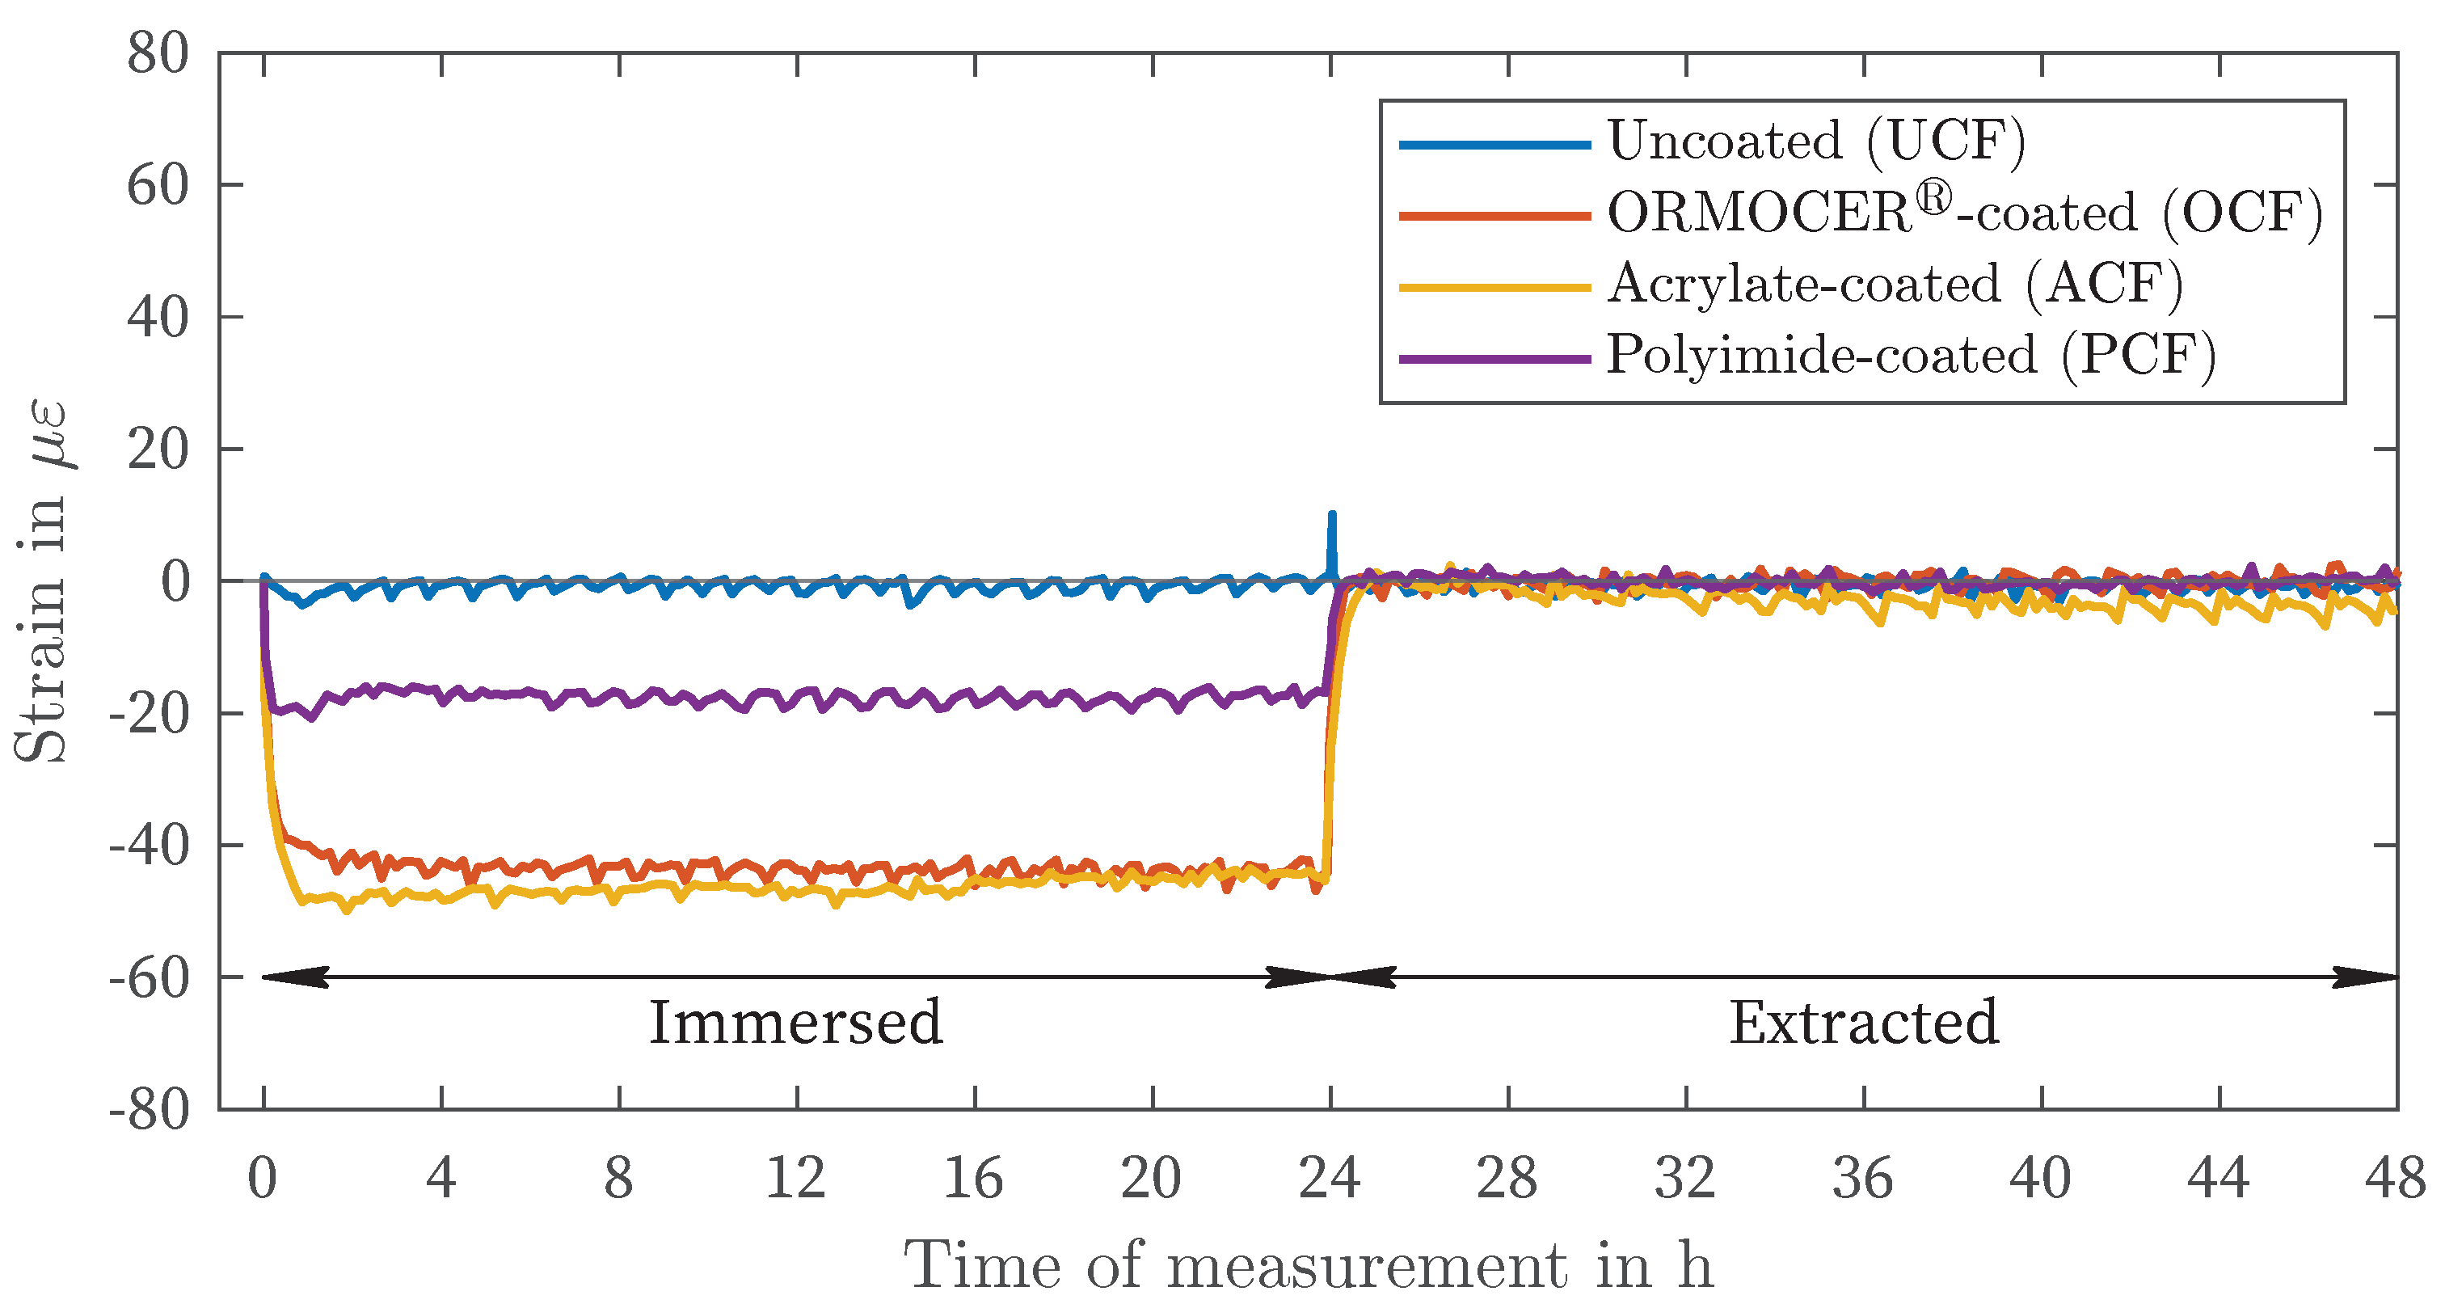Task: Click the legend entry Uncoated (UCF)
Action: (x=1815, y=142)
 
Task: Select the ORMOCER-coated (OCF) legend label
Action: (x=1965, y=213)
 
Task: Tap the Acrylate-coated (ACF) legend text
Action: (x=1895, y=284)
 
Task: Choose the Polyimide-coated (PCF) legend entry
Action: (x=1911, y=356)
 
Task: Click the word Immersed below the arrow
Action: (x=795, y=1023)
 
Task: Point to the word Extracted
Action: (x=1863, y=1023)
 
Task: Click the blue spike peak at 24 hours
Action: (x=1332, y=515)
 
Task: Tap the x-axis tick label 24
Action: (x=1330, y=1179)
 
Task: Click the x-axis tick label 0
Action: (x=263, y=1179)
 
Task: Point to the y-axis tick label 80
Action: (x=158, y=53)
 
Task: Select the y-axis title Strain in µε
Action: (x=43, y=580)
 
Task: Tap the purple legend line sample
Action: (x=1495, y=359)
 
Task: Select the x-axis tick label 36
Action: (x=1863, y=1179)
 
